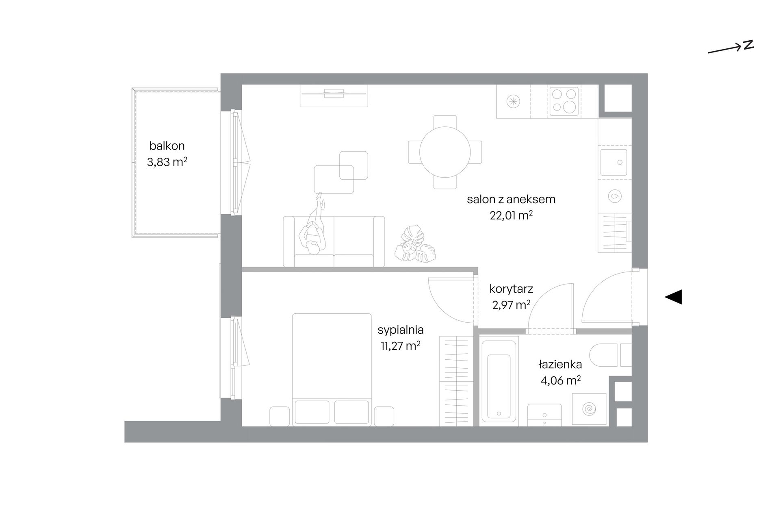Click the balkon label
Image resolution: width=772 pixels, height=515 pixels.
(x=167, y=146)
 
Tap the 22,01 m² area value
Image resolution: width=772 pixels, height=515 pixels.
(x=511, y=215)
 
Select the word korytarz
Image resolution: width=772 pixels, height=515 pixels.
(x=511, y=289)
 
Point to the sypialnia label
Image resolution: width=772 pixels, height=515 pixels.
(x=401, y=330)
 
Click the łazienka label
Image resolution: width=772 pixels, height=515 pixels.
(x=560, y=365)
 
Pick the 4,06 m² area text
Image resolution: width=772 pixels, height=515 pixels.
(x=560, y=381)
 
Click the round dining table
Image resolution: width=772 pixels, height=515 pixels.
(x=445, y=152)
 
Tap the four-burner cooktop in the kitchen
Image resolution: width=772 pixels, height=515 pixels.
(x=564, y=101)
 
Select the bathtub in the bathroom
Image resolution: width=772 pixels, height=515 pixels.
(x=499, y=380)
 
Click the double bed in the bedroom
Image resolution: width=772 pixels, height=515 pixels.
(x=332, y=369)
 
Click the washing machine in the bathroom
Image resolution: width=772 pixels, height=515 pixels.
(x=589, y=409)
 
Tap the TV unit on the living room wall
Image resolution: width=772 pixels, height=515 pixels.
(x=334, y=96)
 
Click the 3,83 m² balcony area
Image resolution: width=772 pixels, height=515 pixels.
(x=167, y=162)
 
